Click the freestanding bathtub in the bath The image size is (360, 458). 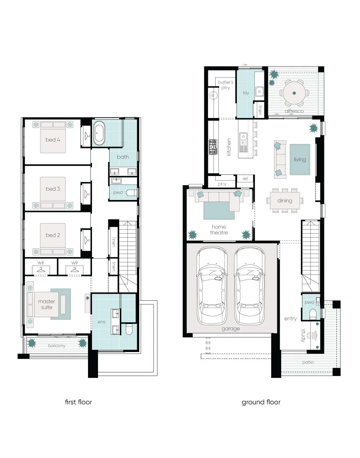(x=99, y=134)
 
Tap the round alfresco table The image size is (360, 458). (x=294, y=93)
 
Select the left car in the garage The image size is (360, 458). (x=212, y=286)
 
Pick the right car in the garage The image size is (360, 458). (x=250, y=286)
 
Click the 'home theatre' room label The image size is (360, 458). (x=219, y=230)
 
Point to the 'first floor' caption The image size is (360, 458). (x=78, y=402)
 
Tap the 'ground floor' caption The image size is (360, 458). (x=261, y=402)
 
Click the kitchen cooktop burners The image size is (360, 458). (x=213, y=147)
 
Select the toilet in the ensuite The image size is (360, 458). (x=129, y=329)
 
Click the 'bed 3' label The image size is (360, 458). (x=52, y=189)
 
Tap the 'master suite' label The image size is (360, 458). (x=46, y=304)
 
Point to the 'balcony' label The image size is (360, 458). (x=57, y=346)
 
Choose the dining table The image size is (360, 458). (x=285, y=200)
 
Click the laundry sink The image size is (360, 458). (x=260, y=92)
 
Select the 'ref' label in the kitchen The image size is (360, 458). (x=245, y=179)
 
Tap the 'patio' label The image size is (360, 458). (x=308, y=362)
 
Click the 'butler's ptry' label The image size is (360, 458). (x=226, y=85)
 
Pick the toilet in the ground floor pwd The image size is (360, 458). (x=313, y=314)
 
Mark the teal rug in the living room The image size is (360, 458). (x=300, y=160)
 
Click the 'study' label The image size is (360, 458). (x=303, y=335)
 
